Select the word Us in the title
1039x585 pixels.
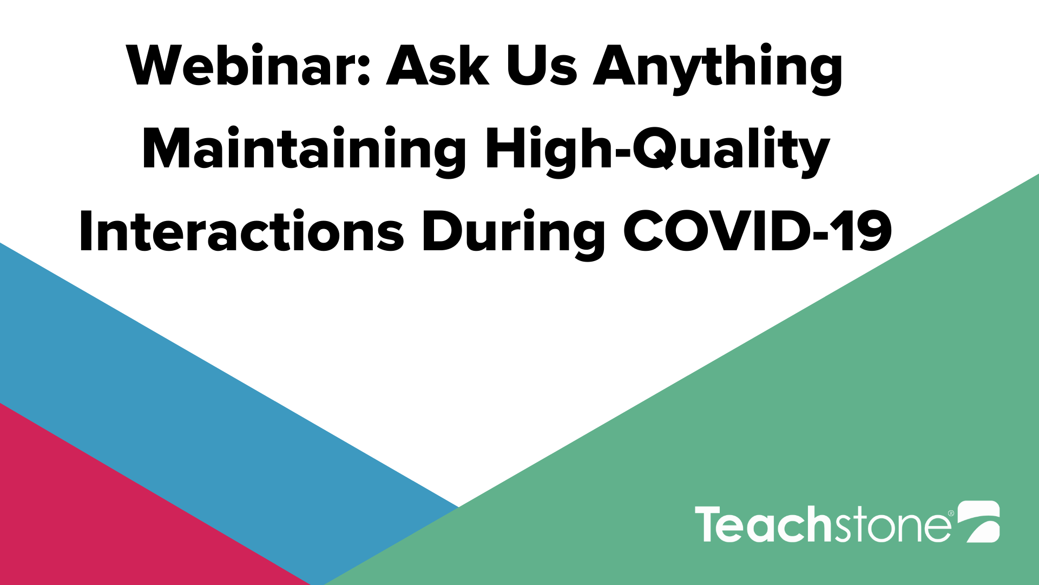pyautogui.click(x=542, y=66)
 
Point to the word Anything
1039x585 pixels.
pyautogui.click(x=718, y=69)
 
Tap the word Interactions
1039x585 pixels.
pyautogui.click(x=242, y=231)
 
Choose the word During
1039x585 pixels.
pyautogui.click(x=514, y=234)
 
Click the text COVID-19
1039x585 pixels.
pyautogui.click(x=758, y=232)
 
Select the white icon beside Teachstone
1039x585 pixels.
pyautogui.click(x=978, y=522)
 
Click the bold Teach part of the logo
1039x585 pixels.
pyautogui.click(x=763, y=524)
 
